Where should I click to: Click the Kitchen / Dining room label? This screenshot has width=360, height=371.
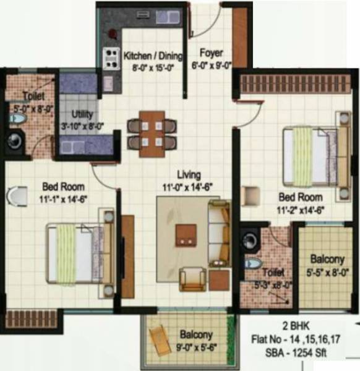[x=153, y=56]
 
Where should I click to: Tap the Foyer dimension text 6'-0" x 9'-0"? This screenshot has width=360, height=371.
[x=212, y=64]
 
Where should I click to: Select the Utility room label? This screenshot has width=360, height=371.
[x=82, y=114]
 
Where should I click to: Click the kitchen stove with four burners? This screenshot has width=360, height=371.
[x=111, y=59]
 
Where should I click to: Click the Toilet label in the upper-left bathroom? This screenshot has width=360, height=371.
[x=32, y=96]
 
